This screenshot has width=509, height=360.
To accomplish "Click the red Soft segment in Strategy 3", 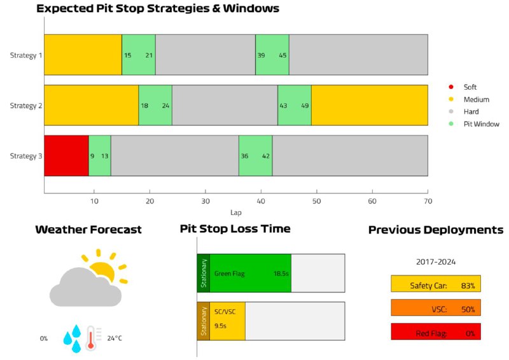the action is click(x=66, y=155).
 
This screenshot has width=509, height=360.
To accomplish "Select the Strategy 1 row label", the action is click(x=26, y=55).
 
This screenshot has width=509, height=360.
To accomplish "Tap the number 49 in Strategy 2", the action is click(x=305, y=106).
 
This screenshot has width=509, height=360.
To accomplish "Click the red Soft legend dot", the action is click(x=451, y=87).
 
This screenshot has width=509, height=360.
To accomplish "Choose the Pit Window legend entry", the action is click(x=474, y=124).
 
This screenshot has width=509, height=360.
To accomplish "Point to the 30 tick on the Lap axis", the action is click(x=206, y=201).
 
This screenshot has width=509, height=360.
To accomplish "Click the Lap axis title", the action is click(x=236, y=212).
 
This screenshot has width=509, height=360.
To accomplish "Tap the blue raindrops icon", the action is click(x=72, y=338).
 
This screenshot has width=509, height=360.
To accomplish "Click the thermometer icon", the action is click(x=92, y=338).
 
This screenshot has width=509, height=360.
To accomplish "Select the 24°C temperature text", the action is click(x=115, y=338).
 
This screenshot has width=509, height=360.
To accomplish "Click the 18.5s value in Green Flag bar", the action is click(x=281, y=273).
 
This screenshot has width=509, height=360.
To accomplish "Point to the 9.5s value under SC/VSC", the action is click(x=220, y=326).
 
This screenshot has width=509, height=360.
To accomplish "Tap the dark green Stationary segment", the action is click(x=204, y=273).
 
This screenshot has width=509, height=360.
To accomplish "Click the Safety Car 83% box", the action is click(x=436, y=284).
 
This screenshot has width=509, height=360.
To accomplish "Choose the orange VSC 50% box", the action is click(x=436, y=308).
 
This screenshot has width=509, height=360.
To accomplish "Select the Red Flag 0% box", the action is click(x=436, y=331).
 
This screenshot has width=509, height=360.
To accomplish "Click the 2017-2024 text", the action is click(x=436, y=262).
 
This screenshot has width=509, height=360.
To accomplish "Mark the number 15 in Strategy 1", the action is click(x=128, y=55).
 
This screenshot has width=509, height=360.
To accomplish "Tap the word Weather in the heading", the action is click(x=60, y=230).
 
